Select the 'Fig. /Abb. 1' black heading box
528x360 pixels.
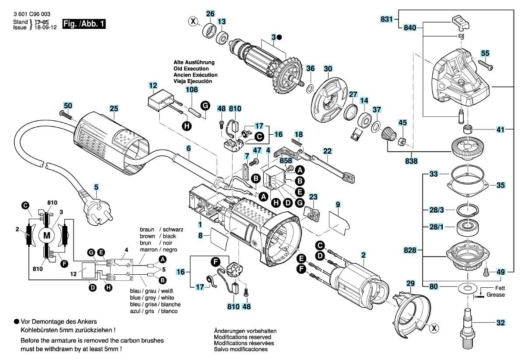point(84,24)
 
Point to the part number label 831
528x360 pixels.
point(387,19)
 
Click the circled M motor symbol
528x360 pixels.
point(46,236)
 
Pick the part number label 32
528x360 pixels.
point(500,323)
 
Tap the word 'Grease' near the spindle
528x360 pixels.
point(496,295)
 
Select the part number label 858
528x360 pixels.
point(286,161)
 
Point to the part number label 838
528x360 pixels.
point(412,161)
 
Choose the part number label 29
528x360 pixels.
point(410,284)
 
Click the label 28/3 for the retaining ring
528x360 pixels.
point(436,210)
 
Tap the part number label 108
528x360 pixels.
point(192,90)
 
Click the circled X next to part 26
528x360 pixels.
point(192,21)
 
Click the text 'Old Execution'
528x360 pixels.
point(191,69)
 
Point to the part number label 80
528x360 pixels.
point(433,287)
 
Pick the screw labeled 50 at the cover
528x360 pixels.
point(66,115)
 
